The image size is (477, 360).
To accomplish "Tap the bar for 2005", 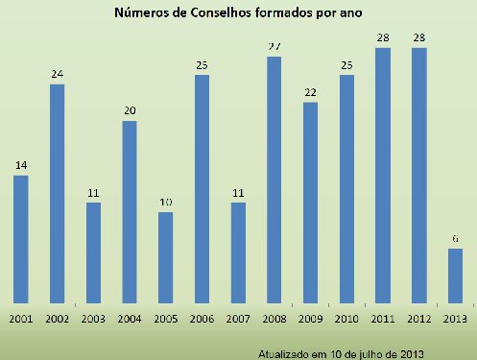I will click(x=165, y=257).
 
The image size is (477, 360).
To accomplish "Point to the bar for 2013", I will click(x=456, y=276).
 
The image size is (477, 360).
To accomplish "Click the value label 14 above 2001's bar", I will click(x=21, y=166).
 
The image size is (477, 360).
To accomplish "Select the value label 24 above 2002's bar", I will click(x=58, y=75).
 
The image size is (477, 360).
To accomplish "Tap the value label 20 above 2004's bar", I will click(x=130, y=111).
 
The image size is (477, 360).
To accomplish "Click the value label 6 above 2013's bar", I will click(x=456, y=239).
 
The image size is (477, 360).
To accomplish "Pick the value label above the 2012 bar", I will click(x=419, y=37).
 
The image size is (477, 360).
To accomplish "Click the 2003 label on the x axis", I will click(x=93, y=318).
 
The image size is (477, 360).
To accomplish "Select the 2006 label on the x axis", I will click(x=202, y=318).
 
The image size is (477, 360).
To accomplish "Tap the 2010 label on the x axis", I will click(x=346, y=318).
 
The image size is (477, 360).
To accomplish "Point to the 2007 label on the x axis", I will click(x=238, y=318).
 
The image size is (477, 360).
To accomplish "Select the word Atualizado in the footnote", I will click(x=285, y=352).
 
